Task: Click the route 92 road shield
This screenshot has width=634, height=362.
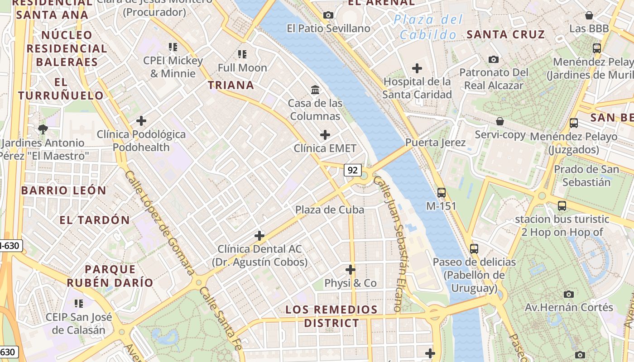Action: [x=353, y=170]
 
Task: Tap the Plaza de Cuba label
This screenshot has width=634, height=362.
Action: [x=330, y=210]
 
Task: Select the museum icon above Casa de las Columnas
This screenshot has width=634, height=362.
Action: [x=315, y=90]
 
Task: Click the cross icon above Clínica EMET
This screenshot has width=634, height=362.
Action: [x=325, y=135]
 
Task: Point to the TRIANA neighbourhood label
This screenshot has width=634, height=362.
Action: [x=231, y=85]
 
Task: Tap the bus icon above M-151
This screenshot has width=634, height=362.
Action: [x=441, y=193]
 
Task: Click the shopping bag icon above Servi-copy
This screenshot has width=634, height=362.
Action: [x=500, y=121]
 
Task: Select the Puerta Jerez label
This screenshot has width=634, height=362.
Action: [x=435, y=143]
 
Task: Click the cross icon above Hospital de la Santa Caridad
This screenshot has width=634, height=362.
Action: [x=417, y=68]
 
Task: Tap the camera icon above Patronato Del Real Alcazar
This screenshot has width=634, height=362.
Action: [x=494, y=59]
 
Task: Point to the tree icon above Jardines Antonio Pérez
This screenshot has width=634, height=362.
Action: [x=43, y=129]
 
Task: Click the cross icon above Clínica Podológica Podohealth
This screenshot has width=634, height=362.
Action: [x=141, y=121]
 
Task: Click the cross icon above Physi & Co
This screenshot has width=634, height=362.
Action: [x=350, y=270]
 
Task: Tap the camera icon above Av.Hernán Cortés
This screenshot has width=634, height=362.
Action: [x=569, y=294]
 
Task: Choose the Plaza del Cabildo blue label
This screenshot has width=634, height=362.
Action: [x=428, y=27]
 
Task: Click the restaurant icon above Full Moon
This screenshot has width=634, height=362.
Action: [x=242, y=54]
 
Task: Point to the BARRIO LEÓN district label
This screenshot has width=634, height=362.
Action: [x=63, y=191]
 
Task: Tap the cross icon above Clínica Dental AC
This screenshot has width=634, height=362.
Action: [x=259, y=236]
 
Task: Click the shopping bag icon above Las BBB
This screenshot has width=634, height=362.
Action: [x=589, y=15]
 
